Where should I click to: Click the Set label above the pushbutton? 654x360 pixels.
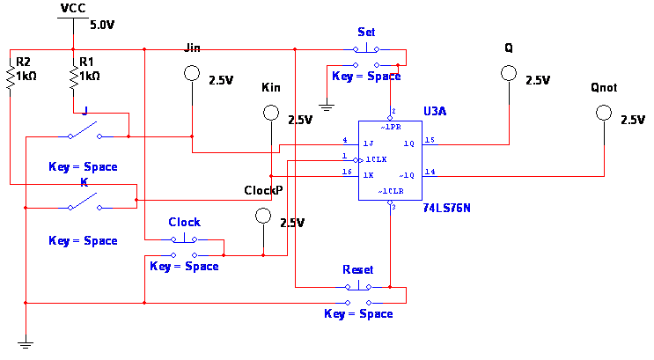(x=366, y=33)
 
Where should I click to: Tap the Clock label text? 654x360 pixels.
(x=184, y=223)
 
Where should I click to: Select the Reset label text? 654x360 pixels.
(x=357, y=270)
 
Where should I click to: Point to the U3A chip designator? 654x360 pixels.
(x=435, y=112)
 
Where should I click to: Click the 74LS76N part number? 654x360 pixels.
(x=446, y=209)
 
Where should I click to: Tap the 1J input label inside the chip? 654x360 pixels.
(x=369, y=143)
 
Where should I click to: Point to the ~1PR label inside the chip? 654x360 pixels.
(x=391, y=128)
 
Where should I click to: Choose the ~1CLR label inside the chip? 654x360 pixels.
(x=391, y=191)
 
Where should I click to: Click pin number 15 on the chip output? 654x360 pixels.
(x=430, y=140)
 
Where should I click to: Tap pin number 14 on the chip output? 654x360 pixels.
(x=430, y=172)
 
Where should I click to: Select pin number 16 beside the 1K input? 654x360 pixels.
(x=347, y=173)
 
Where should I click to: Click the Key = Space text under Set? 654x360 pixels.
(x=366, y=77)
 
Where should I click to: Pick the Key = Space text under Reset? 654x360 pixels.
(x=358, y=314)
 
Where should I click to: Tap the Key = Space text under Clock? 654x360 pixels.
(x=184, y=267)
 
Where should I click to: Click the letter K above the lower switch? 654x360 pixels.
(x=84, y=183)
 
